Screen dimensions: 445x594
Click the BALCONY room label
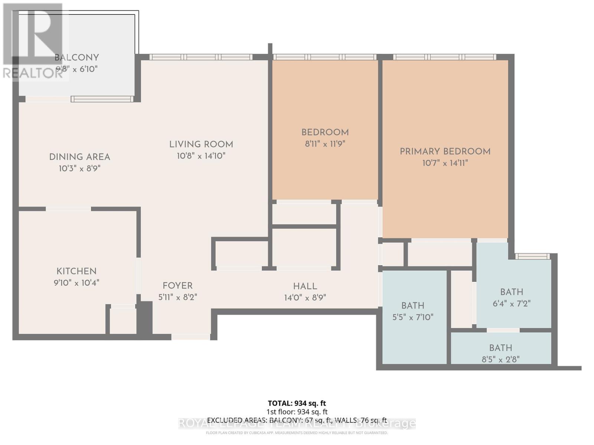[x=76, y=57]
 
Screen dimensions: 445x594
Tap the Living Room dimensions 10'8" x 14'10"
[x=201, y=156]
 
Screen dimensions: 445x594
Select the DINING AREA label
[x=79, y=157]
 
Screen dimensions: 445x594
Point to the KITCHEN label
[x=76, y=271]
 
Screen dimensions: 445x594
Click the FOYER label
[x=177, y=286]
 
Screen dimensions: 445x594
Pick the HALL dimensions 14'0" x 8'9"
[x=305, y=297]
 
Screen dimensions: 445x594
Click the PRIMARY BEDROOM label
[x=445, y=151]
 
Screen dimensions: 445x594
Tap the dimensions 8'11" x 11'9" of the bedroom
[x=325, y=144]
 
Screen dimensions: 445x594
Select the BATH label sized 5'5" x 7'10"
[x=412, y=306]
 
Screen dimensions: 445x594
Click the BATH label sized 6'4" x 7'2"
[x=512, y=292]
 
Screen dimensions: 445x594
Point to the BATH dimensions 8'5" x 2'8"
[x=500, y=359]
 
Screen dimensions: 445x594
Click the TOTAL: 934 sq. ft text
[x=297, y=403]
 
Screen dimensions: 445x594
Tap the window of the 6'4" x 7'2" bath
[x=532, y=256]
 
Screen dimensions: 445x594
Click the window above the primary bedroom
[x=444, y=57]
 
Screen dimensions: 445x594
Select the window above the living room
[x=200, y=57]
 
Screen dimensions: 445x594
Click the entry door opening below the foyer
[x=190, y=337]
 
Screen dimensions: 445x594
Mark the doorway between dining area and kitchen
[x=68, y=209]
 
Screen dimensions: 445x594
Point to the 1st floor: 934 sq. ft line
[x=297, y=412]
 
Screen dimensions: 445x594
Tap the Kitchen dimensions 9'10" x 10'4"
[x=76, y=283]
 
